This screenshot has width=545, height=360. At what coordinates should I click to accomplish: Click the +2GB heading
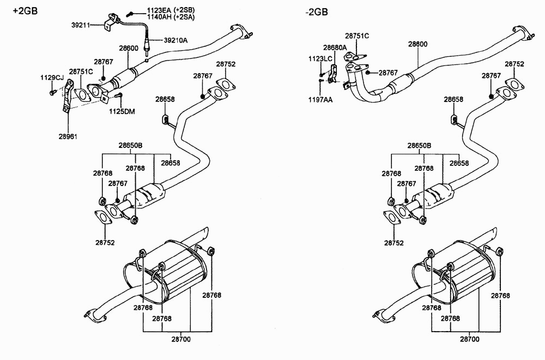tap(25, 11)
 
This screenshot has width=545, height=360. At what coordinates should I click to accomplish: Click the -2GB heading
tap(317, 12)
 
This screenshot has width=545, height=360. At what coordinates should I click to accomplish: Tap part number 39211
tap(81, 25)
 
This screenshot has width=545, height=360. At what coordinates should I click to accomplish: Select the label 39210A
tap(175, 40)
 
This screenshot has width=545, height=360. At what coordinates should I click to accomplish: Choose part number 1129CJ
tap(52, 77)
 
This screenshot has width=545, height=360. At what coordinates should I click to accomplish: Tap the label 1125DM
tap(122, 112)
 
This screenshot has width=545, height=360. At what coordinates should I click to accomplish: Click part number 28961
tap(68, 137)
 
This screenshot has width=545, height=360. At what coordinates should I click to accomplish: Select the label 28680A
tap(335, 47)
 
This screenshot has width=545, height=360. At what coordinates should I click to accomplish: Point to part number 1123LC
tap(320, 59)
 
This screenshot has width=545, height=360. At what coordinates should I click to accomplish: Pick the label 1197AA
tap(320, 100)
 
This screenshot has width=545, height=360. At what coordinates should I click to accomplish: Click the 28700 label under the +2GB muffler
tap(181, 339)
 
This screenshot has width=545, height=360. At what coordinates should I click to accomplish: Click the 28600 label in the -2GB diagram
tap(418, 44)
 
